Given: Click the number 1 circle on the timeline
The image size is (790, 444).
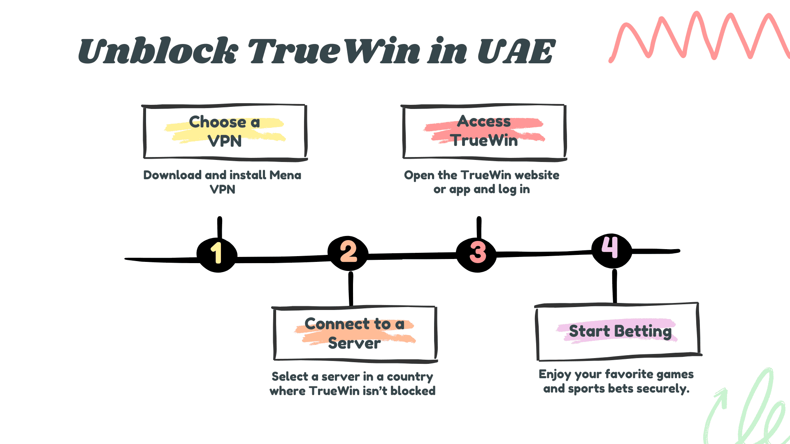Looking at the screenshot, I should click(x=217, y=253).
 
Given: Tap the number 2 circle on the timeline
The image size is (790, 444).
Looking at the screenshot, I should click(x=348, y=252).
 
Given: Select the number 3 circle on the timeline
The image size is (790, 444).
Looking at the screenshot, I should click(x=477, y=253).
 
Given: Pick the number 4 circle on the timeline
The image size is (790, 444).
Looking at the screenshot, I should click(x=611, y=249).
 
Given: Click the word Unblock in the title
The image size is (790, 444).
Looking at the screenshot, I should click(x=158, y=51).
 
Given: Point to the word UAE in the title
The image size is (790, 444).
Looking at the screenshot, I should click(x=516, y=51).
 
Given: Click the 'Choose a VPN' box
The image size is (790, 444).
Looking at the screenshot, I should click(x=225, y=132).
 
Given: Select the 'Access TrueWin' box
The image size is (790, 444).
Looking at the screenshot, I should click(x=484, y=132).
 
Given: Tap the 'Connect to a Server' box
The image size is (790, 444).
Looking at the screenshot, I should click(x=355, y=333).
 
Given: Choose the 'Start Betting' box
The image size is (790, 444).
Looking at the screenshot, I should click(x=618, y=331).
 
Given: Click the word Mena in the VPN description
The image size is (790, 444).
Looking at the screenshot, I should click(x=285, y=175).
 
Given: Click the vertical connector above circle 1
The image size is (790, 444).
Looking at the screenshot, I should click(x=220, y=227).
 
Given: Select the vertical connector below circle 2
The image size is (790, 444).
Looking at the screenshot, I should click(x=351, y=289).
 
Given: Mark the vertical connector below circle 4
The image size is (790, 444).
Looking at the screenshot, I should click(x=614, y=286).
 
